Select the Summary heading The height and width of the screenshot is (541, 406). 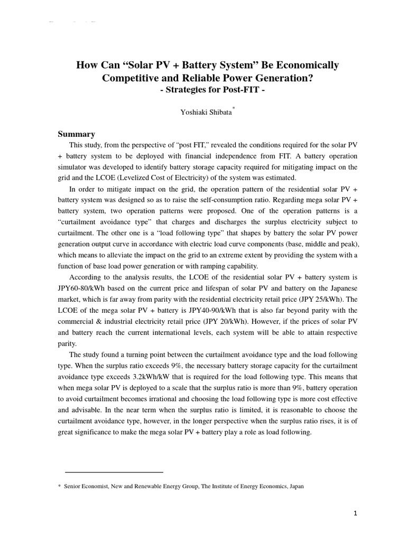coord(76,134)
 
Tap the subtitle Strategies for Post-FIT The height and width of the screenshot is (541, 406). coord(206,89)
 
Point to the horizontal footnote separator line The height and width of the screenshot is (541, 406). coord(114,472)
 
